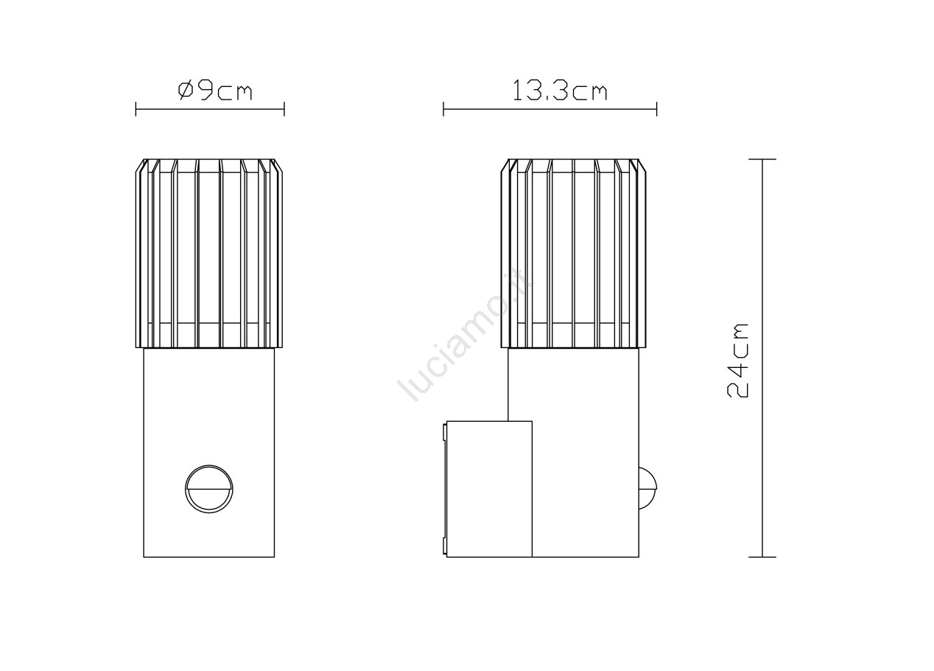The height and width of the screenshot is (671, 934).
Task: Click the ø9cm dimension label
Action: pos(215,91)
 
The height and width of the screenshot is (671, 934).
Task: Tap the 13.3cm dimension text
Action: pos(559,91)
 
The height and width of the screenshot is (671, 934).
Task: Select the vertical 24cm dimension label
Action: pos(737,361)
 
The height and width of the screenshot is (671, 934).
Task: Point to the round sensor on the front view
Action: pos(209,489)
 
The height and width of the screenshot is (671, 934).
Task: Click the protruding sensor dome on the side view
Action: pos(647,489)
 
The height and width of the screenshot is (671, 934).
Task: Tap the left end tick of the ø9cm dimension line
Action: pos(136,109)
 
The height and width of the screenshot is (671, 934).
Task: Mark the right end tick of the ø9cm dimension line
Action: pos(284,109)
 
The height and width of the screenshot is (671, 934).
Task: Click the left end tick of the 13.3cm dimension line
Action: pos(443,109)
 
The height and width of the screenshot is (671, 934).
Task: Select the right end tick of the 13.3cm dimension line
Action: pos(657,109)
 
